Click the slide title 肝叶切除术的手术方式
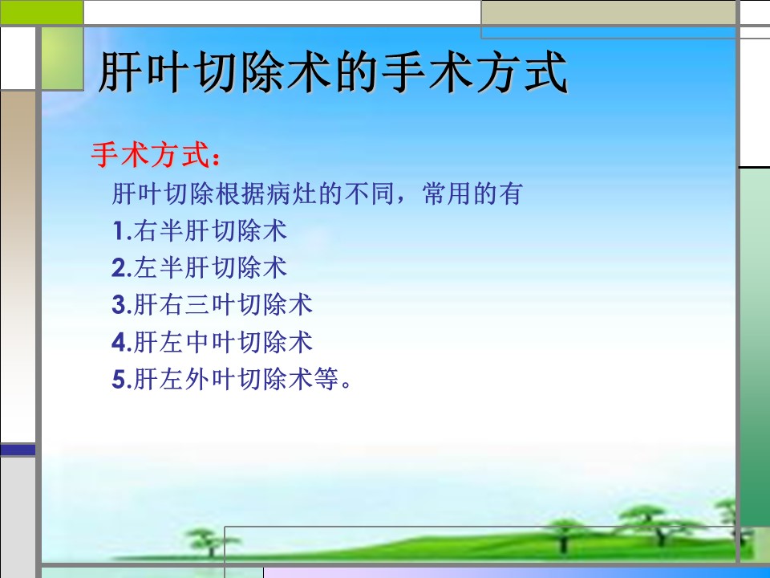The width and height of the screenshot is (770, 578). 333,73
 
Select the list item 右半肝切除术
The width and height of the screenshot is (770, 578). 210,230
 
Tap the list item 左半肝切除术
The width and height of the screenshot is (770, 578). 210,268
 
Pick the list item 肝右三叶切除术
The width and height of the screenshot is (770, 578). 223,305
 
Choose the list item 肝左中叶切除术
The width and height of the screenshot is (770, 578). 223,342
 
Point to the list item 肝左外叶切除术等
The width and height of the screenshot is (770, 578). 236,379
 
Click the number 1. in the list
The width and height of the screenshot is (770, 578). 122,231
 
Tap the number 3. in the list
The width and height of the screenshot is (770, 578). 122,305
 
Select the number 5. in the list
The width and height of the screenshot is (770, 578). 122,380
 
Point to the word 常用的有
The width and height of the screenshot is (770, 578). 472,193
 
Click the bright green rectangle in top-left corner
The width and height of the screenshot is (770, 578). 42,12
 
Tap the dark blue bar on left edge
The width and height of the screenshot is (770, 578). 18,450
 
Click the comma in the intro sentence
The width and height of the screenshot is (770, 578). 403,200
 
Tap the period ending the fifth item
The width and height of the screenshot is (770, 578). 346,385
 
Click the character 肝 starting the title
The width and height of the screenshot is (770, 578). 120,73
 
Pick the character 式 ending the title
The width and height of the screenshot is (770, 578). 546,73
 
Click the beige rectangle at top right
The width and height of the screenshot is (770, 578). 608,12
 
